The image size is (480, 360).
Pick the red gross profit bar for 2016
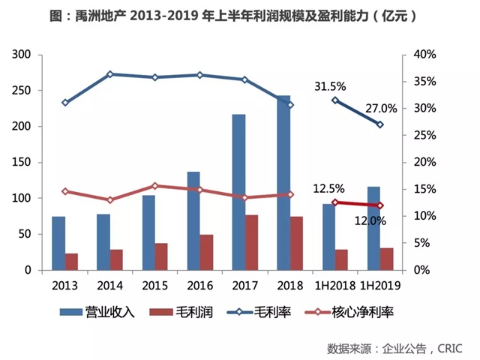[x=206, y=252]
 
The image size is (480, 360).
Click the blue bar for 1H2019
[x=373, y=228]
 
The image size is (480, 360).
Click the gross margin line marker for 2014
[x=109, y=74]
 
